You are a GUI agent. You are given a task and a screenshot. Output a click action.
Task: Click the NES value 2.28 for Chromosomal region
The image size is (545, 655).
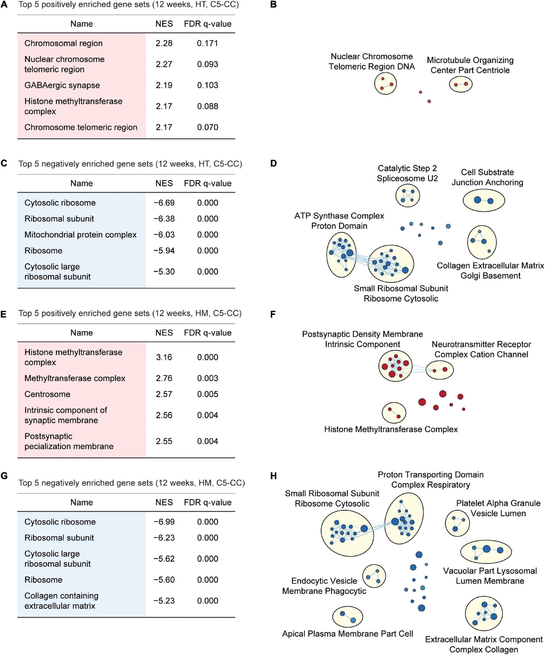point(164,43)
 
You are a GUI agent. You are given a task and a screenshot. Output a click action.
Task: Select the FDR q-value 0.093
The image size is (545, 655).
point(207,64)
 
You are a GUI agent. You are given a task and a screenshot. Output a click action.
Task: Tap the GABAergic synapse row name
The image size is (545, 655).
point(62,85)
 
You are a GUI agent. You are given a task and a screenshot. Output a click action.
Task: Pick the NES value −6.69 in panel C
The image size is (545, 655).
point(164,203)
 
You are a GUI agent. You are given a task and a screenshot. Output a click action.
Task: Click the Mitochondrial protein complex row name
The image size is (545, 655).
point(81,234)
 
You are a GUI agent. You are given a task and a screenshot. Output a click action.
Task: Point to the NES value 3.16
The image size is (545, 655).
point(164,357)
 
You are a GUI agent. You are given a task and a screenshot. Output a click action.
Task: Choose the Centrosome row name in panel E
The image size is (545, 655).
point(47,394)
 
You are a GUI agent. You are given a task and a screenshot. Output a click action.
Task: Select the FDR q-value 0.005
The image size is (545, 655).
point(207,394)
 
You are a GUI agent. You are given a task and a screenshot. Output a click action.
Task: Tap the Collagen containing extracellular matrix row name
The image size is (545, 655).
point(61,601)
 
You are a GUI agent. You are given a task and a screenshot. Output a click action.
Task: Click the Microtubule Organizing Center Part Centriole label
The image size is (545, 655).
point(470,65)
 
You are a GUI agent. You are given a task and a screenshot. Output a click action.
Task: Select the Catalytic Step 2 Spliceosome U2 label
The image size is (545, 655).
point(407,173)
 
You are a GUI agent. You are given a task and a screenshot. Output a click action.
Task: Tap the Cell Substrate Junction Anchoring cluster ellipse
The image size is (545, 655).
point(484,200)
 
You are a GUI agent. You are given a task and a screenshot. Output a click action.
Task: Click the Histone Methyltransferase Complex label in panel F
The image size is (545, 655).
point(391,429)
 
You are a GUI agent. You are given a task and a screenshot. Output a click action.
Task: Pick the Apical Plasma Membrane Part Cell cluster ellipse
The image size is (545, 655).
point(348,617)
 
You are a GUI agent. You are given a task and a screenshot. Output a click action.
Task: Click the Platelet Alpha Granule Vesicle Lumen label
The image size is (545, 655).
point(498,508)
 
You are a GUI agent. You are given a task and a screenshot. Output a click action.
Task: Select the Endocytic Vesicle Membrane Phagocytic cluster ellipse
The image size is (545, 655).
point(374,576)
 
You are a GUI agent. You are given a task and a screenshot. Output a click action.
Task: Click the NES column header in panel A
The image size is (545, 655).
point(164,24)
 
